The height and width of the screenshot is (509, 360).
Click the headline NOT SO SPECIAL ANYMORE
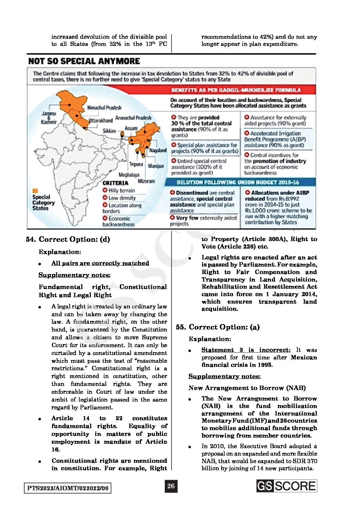point(84,61)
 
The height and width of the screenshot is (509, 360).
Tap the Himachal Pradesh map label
point(104,107)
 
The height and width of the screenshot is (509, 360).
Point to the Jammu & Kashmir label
point(49,118)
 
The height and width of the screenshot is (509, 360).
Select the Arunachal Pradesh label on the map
point(133,118)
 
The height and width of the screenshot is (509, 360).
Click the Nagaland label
point(158,150)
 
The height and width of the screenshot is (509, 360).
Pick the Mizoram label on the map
point(146,181)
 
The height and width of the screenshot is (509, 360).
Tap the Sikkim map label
point(109,131)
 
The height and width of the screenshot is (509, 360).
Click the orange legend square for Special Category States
point(35,191)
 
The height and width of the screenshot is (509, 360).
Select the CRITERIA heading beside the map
point(115,183)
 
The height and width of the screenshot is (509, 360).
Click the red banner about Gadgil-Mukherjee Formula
point(236,90)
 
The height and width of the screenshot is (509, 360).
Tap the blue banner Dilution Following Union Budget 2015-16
point(238,182)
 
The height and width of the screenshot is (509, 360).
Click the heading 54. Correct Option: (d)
point(68,239)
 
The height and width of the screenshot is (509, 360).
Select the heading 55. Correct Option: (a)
point(218,327)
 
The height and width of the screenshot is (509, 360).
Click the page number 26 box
point(171,486)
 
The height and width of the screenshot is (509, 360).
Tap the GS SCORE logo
point(287,486)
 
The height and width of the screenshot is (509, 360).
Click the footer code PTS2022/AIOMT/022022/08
point(68,488)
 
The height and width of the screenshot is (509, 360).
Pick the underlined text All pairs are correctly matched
point(100,263)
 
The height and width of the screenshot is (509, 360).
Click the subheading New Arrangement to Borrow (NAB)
point(247,388)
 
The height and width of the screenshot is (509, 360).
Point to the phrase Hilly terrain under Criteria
point(121,190)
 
